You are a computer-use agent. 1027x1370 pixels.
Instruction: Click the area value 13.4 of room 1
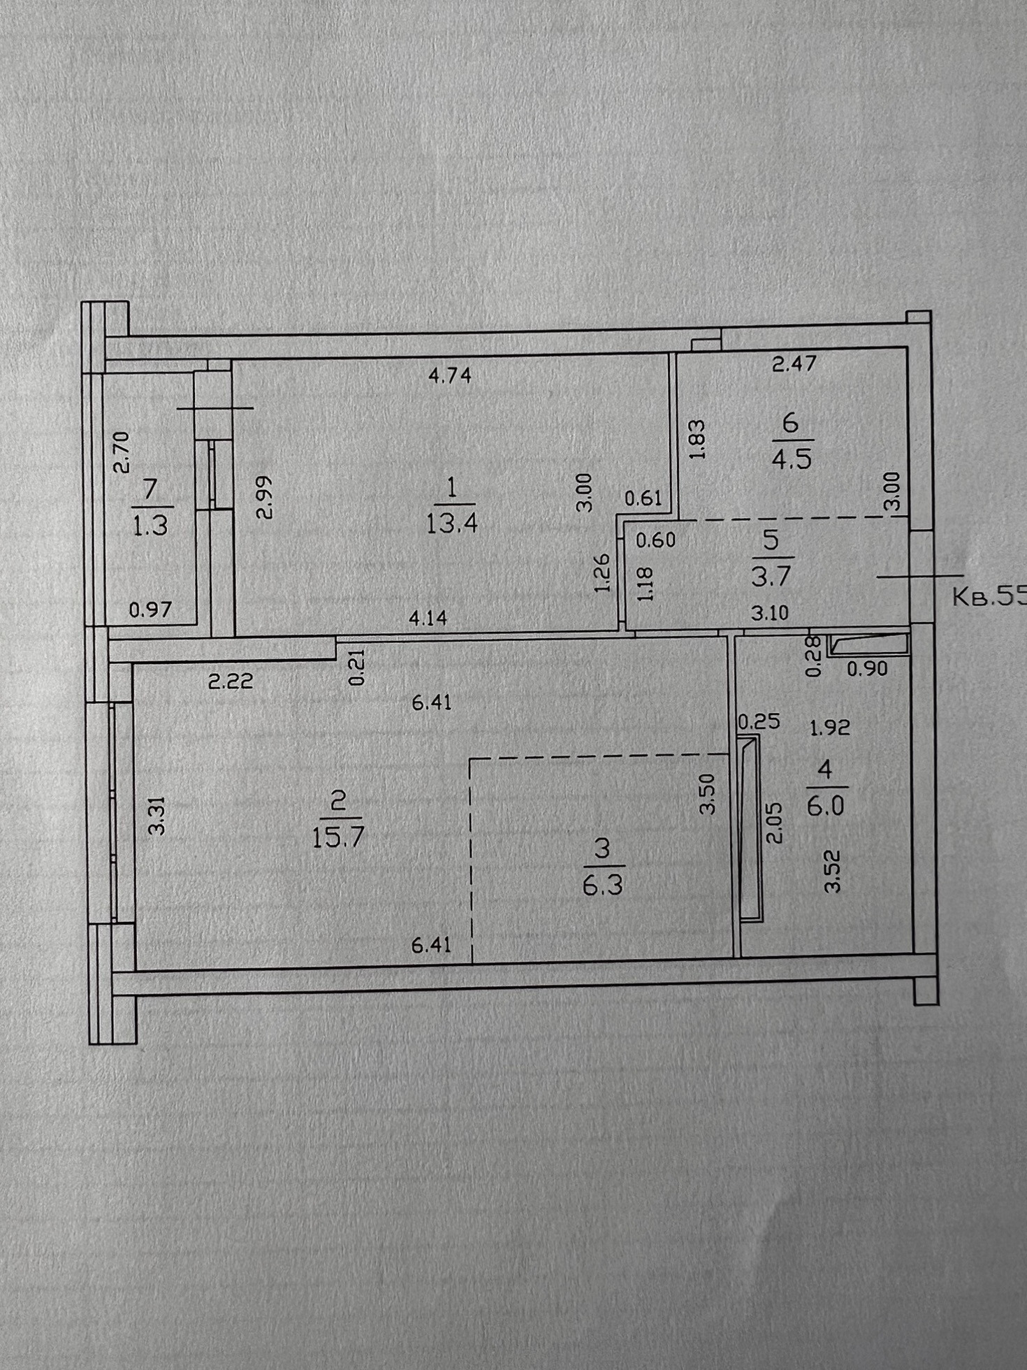451,522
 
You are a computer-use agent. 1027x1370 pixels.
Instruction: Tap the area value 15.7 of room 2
338,837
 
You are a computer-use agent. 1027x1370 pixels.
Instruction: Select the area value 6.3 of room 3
602,886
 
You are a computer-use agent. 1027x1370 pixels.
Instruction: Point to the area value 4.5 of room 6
792,459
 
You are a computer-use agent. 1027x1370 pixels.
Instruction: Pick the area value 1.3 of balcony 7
150,524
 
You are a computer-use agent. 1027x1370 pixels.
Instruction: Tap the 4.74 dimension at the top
450,375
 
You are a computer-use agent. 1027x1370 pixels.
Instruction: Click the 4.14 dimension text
428,618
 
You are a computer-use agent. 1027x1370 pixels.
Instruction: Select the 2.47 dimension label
794,363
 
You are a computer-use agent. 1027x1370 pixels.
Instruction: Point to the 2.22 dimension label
231,680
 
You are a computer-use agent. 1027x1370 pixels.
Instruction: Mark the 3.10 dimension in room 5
769,613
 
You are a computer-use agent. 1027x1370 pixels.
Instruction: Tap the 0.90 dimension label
867,669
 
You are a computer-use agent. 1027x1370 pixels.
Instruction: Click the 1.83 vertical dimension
697,438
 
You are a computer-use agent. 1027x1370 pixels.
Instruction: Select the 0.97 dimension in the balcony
150,610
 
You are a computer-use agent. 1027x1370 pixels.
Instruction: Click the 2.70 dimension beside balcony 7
121,452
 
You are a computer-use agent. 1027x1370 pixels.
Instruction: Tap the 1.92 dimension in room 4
829,728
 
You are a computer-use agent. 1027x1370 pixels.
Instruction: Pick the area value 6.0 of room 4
825,807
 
